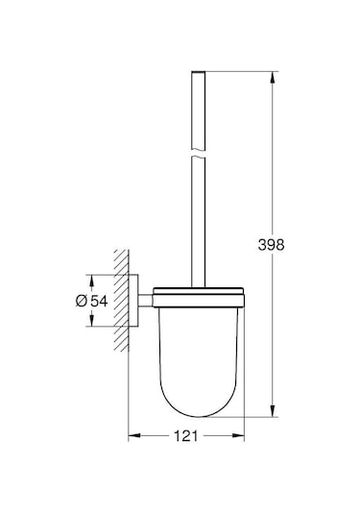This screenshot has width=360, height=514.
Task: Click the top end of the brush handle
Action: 200,72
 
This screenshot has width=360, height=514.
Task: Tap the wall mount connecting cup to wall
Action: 142,301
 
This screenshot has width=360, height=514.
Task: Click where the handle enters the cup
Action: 200,287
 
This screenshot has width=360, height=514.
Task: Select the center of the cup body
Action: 199,355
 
